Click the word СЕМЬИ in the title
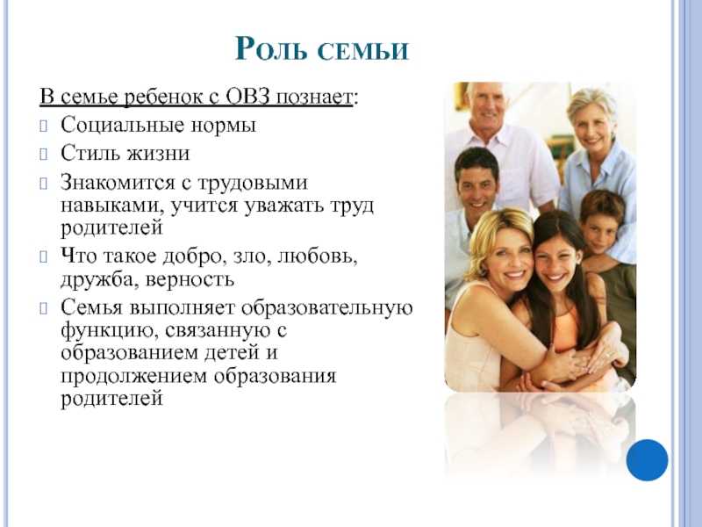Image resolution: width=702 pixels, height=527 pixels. click(363, 49)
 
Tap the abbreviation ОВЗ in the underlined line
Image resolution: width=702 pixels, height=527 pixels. click(248, 97)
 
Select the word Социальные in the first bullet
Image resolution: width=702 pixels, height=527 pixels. click(122, 125)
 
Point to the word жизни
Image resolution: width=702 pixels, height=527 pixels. click(158, 153)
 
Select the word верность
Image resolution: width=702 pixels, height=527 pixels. click(190, 279)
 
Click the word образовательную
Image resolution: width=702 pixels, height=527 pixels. click(326, 308)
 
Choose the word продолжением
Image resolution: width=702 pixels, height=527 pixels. click(134, 377)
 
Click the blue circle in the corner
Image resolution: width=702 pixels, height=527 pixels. click(647, 460)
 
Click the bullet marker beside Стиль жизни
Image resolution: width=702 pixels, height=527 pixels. click(43, 155)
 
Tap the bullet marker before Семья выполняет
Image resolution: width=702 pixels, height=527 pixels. click(43, 309)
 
